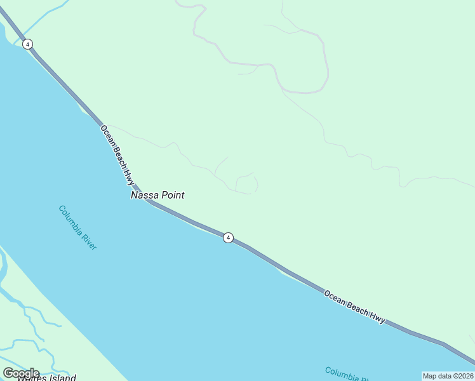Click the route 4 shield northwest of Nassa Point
click(x=27, y=44)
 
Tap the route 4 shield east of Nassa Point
click(x=228, y=237)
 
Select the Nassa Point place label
click(x=157, y=196)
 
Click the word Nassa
click(x=144, y=196)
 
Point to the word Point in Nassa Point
click(x=172, y=196)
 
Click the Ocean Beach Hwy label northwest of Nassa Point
click(x=117, y=154)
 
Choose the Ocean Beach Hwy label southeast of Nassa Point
click(x=354, y=307)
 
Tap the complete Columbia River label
click(x=77, y=227)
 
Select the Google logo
click(x=21, y=373)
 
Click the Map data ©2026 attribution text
click(x=448, y=376)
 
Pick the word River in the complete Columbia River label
click(x=89, y=241)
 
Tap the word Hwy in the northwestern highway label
click(x=129, y=175)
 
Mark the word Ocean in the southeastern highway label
click(x=335, y=297)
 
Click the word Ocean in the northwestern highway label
click(x=106, y=135)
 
